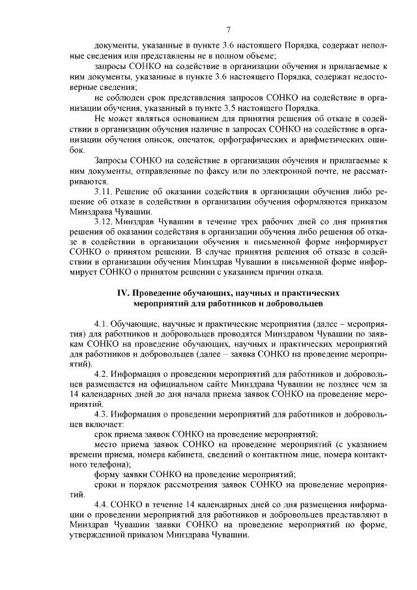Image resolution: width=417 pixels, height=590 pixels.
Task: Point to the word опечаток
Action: pos(197,139)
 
